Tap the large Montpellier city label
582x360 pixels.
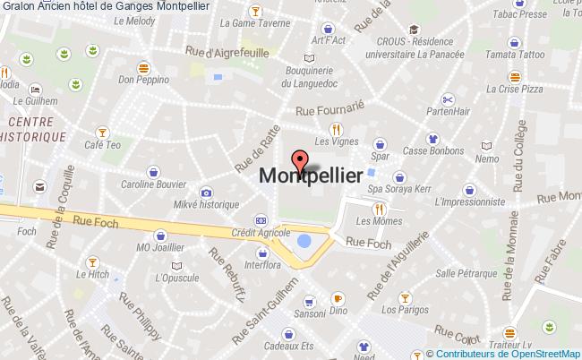coord(311,176)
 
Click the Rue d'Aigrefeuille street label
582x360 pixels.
coord(227,53)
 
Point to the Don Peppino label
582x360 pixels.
coord(143,79)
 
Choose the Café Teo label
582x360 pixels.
coord(102,144)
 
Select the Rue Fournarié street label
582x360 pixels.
coord(331,106)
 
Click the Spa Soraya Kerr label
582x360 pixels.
coord(400,190)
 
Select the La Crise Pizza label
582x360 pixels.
coord(519,90)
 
